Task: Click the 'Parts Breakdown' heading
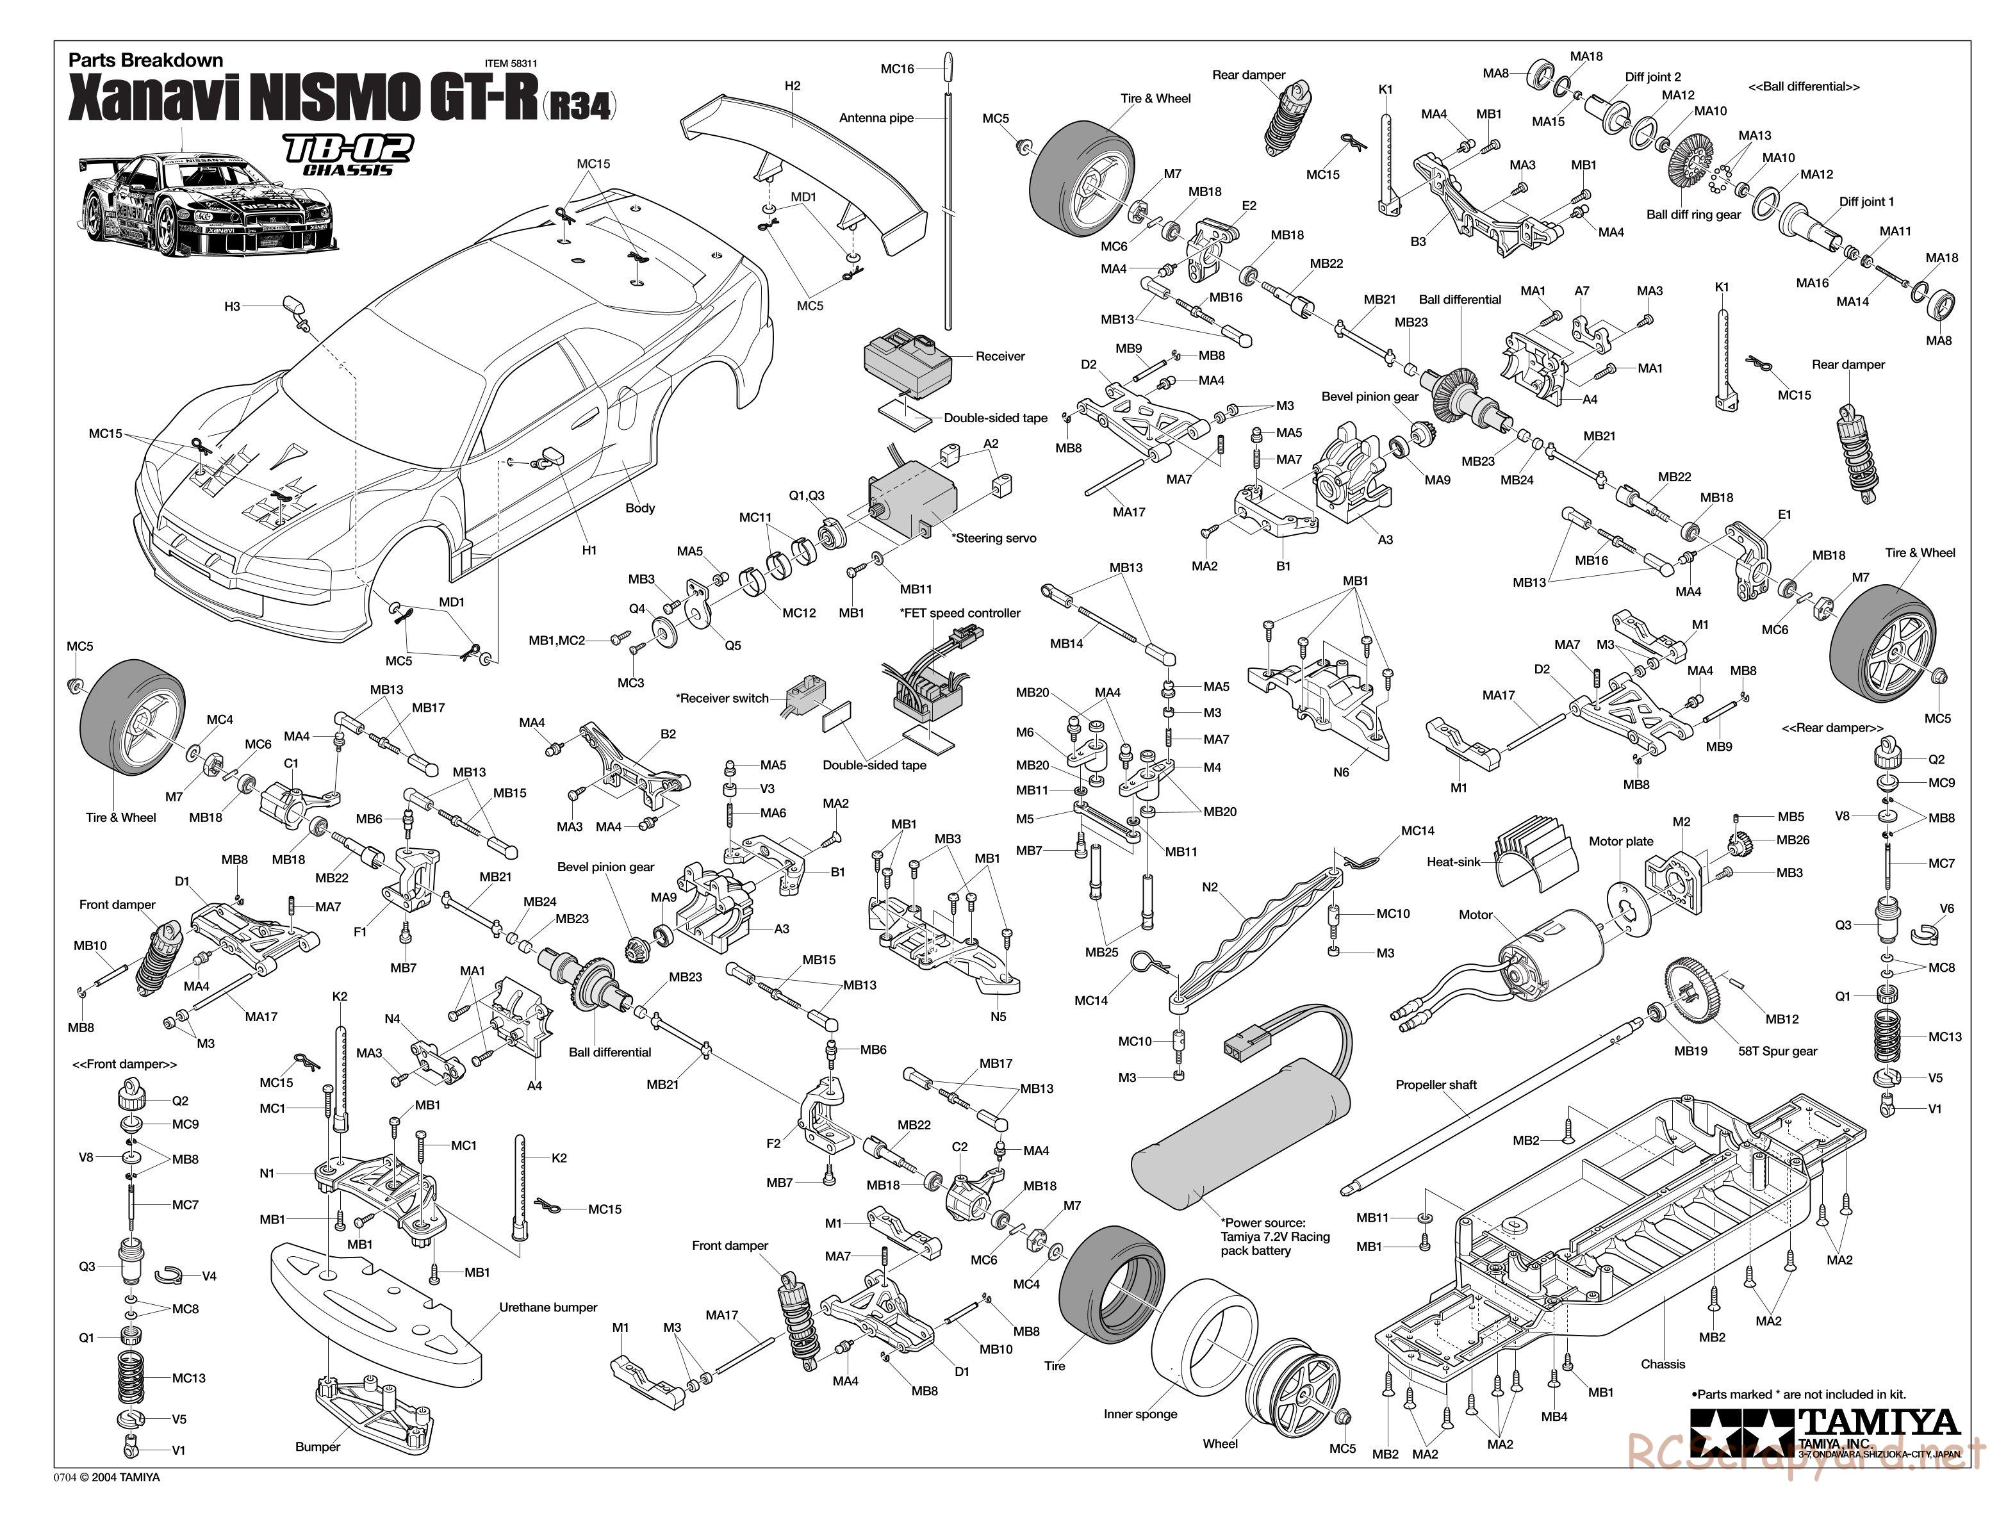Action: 145,60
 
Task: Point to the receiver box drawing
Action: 907,364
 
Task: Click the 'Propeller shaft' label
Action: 1436,1085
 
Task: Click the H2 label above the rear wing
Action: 792,86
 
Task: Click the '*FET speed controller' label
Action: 960,613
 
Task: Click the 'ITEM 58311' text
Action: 511,64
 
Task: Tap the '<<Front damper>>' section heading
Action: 125,1064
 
